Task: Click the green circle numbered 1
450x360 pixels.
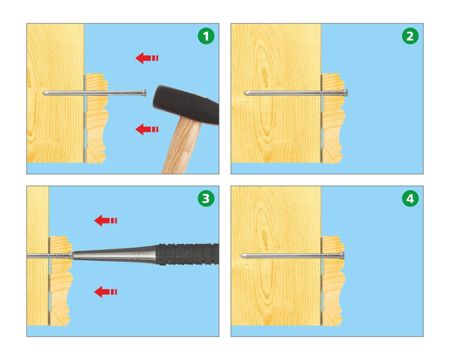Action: (206, 36)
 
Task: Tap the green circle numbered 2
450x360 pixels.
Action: (410, 36)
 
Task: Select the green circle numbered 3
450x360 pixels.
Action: (206, 198)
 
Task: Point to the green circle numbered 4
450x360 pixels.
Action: (410, 198)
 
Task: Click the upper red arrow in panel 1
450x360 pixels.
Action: (147, 58)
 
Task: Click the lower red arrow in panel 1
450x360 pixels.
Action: (147, 129)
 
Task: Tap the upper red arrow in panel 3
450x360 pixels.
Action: (106, 220)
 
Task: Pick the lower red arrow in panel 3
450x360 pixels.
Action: (106, 292)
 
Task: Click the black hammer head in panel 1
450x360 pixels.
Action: (186, 105)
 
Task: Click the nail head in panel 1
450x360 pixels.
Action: (144, 93)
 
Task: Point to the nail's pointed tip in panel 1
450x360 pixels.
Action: (43, 93)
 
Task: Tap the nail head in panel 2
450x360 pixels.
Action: (346, 93)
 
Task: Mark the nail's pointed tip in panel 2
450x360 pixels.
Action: (244, 93)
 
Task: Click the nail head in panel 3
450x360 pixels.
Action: (71, 255)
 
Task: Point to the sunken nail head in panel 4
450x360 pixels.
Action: (342, 255)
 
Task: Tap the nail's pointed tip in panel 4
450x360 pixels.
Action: (241, 256)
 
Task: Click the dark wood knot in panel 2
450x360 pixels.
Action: (265, 77)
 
